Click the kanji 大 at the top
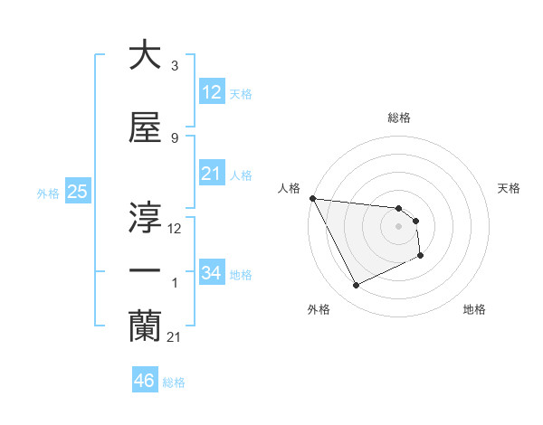[145, 56]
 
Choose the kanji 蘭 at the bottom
[145, 324]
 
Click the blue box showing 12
[211, 92]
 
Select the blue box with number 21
[211, 175]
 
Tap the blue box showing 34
[211, 273]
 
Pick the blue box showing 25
[77, 192]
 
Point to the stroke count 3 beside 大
[174, 66]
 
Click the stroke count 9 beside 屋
[174, 137]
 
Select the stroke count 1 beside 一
[174, 284]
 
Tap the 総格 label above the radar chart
[399, 118]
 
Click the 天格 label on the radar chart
[510, 188]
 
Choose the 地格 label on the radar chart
[474, 309]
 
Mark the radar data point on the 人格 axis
[312, 198]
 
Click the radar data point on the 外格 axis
[356, 286]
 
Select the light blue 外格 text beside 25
[48, 193]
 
